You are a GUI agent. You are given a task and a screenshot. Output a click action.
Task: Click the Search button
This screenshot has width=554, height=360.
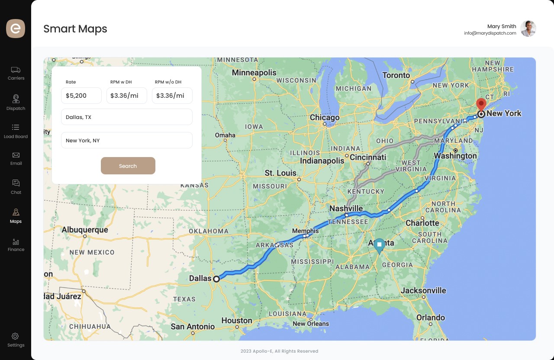click(128, 166)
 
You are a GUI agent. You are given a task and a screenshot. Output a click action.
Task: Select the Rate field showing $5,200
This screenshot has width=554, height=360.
click(81, 96)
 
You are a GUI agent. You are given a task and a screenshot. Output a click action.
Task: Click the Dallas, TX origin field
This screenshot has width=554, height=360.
click(126, 117)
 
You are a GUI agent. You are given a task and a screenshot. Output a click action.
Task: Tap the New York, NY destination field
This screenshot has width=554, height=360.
click(126, 140)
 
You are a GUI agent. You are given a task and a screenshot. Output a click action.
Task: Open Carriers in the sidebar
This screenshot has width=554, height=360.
click(16, 73)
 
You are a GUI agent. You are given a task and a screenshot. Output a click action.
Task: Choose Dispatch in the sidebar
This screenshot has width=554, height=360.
click(16, 102)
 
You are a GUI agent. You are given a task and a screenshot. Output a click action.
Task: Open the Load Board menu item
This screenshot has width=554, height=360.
click(16, 131)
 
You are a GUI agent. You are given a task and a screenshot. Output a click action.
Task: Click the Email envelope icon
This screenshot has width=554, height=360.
click(16, 155)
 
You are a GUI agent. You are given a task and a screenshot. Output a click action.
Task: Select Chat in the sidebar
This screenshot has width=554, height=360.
click(16, 186)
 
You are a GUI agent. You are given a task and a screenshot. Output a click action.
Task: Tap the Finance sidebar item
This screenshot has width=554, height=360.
click(16, 244)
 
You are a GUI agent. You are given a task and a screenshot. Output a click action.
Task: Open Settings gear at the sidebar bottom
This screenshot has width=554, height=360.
click(16, 339)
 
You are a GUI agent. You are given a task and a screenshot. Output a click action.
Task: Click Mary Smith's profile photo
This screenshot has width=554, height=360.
click(528, 29)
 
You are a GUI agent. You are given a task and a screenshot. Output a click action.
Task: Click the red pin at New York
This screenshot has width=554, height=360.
click(481, 104)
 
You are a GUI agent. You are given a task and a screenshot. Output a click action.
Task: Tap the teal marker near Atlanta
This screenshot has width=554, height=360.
click(379, 245)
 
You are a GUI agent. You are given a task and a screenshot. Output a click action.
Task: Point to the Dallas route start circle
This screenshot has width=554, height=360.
click(216, 279)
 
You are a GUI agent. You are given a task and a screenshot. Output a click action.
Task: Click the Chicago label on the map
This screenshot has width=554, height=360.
click(325, 117)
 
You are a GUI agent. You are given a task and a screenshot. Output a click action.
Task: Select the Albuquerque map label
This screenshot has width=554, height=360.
click(85, 230)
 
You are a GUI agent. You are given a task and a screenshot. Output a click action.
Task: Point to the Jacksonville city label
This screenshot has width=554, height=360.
click(423, 290)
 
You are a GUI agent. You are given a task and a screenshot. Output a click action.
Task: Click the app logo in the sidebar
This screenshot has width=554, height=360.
click(16, 29)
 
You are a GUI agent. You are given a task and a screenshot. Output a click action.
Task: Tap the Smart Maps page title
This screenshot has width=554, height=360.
click(75, 29)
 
